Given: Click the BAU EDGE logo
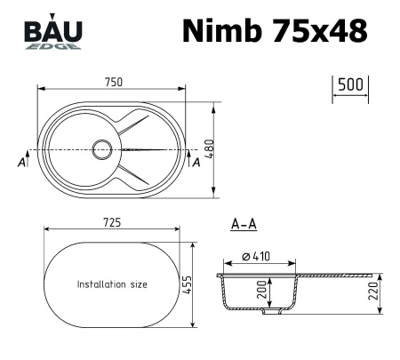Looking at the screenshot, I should pyautogui.click(x=52, y=34).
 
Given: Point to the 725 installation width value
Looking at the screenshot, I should pyautogui.click(x=111, y=221).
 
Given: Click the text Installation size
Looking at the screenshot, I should pyautogui.click(x=112, y=284).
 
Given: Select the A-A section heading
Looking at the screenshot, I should pyautogui.click(x=244, y=225).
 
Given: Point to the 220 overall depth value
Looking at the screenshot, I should pyautogui.click(x=373, y=290).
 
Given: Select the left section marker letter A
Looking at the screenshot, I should pyautogui.click(x=20, y=163).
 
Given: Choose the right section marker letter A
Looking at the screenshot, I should pyautogui.click(x=196, y=163).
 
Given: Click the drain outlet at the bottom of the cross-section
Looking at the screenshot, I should pyautogui.click(x=276, y=311).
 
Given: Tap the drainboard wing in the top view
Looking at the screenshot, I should pyautogui.click(x=151, y=148).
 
